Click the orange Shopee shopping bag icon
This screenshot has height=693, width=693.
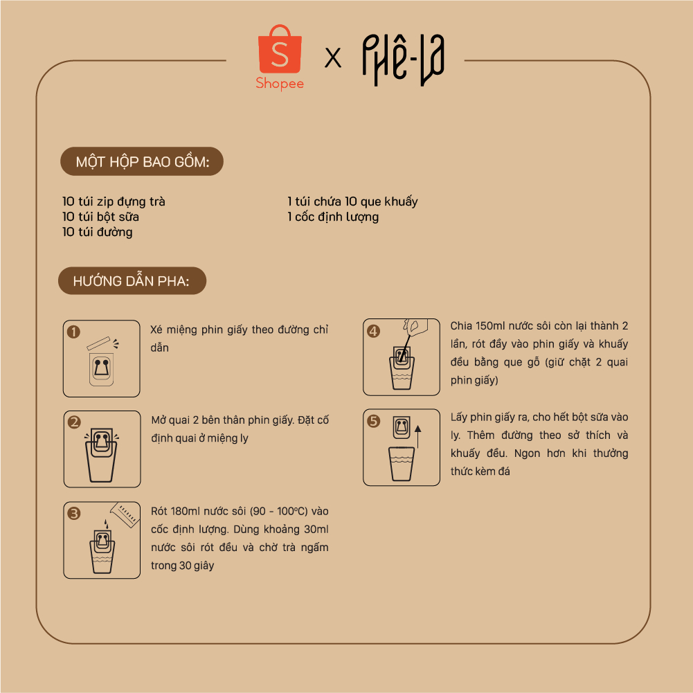[x=280, y=49]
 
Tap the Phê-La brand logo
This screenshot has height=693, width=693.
[x=403, y=60]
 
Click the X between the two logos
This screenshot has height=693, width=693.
[x=333, y=57]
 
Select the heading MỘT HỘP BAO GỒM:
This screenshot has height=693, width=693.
[x=143, y=162]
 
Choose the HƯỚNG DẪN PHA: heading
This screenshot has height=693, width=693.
[x=132, y=281]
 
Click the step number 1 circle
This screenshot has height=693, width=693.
[x=73, y=332]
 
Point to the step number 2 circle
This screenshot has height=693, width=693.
[x=74, y=422]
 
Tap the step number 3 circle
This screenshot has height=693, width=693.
[x=74, y=513]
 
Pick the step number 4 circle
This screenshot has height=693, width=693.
[x=373, y=331]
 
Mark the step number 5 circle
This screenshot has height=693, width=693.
[x=373, y=421]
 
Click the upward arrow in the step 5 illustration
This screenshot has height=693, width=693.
[x=417, y=437]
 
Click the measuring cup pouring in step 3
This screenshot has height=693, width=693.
[x=125, y=515]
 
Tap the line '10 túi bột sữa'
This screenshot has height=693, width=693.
[x=101, y=217]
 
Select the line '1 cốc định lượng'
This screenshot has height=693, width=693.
[x=333, y=217]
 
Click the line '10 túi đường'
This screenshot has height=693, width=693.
[x=98, y=232]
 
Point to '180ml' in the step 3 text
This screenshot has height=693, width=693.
[x=185, y=512]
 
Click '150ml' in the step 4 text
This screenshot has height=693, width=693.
[x=491, y=326]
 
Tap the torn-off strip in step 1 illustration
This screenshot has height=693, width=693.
[x=98, y=343]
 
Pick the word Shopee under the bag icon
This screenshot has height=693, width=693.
[x=280, y=84]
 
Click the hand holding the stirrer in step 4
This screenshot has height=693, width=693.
[x=415, y=326]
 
